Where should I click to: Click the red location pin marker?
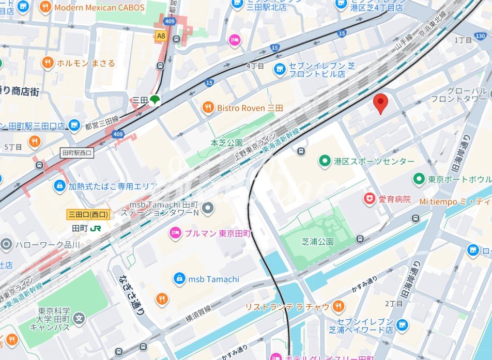coord(380,103)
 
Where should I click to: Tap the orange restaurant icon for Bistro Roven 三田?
coord(208,107)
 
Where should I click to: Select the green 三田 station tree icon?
coord(154,100)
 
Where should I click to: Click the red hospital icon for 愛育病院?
coord(370,199)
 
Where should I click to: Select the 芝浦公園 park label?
coord(317,241)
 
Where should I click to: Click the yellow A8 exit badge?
coord(162,36)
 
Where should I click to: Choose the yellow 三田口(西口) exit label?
coord(88,214)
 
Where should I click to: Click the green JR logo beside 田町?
coord(96,228)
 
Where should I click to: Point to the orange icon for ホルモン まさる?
coord(48,63)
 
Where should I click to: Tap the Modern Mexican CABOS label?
coord(99,8)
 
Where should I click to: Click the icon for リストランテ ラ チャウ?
coord(339,307)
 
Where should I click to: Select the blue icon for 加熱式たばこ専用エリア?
coord(60,185)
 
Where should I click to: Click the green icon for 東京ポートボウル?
coord(419,179)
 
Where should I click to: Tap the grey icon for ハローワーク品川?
coord(6,244)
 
